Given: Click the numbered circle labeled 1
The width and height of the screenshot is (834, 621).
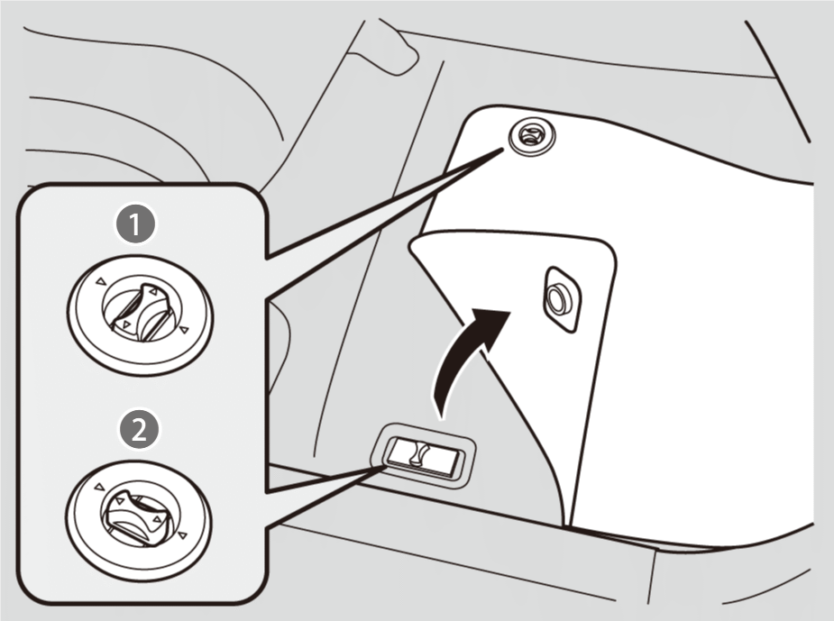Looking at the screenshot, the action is [135, 224].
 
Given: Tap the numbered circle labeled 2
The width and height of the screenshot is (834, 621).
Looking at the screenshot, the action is [138, 429].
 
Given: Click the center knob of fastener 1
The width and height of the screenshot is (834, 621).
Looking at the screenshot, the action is [141, 311].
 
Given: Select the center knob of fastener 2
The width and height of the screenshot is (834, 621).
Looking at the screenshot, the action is [138, 513].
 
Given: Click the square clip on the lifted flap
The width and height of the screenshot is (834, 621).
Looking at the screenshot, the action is [562, 299].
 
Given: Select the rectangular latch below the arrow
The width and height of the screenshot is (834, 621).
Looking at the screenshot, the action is [423, 454].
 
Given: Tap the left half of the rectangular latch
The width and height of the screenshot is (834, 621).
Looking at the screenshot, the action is [400, 451].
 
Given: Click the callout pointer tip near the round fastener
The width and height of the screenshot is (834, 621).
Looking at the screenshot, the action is [502, 150].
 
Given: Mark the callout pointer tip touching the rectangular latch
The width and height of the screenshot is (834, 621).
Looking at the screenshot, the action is [384, 465].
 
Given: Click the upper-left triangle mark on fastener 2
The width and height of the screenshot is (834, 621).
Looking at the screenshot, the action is [99, 486].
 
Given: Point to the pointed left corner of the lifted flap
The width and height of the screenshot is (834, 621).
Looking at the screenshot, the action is [409, 244].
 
